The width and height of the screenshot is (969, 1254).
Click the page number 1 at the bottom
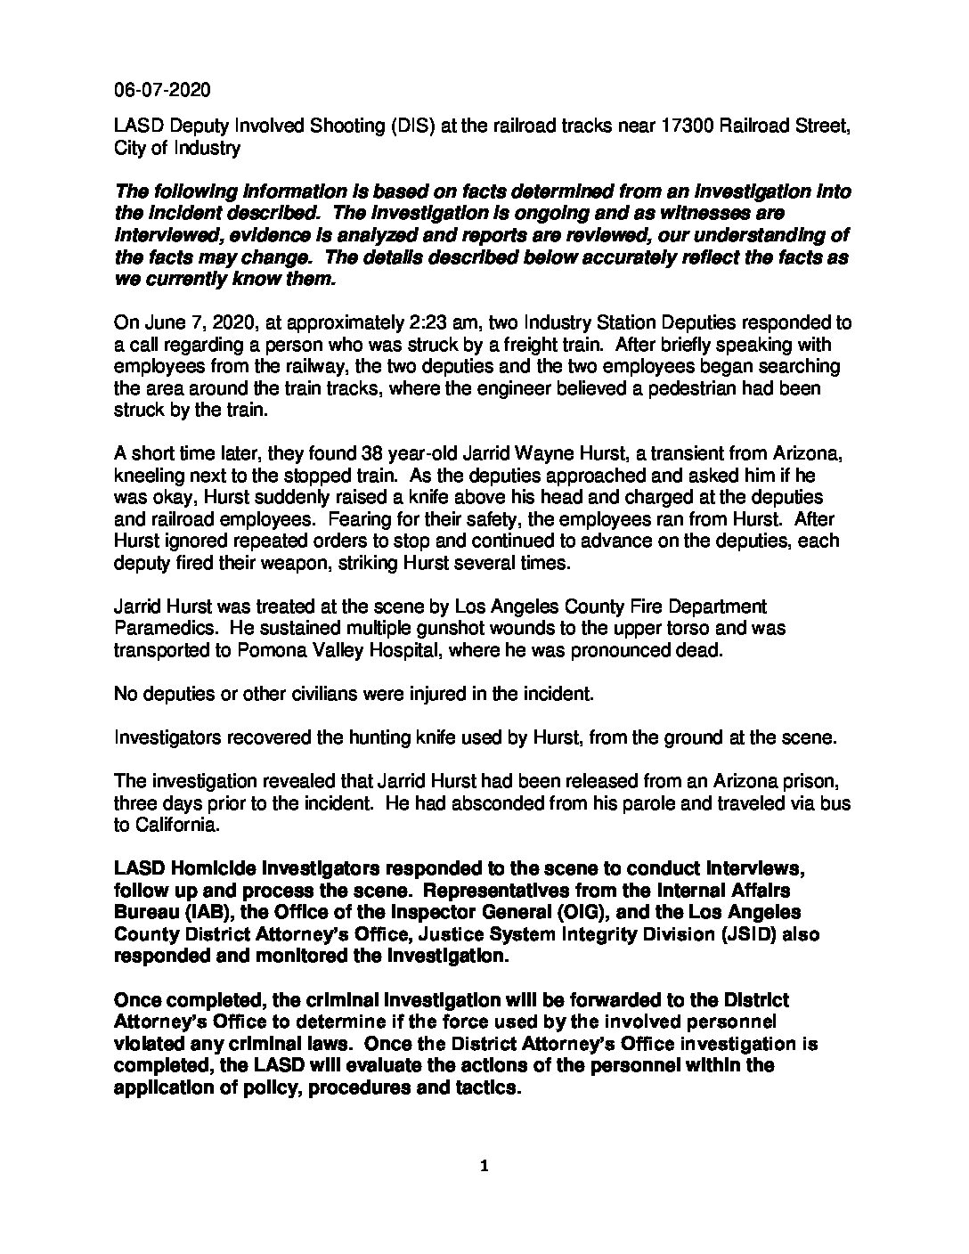[x=484, y=1167]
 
